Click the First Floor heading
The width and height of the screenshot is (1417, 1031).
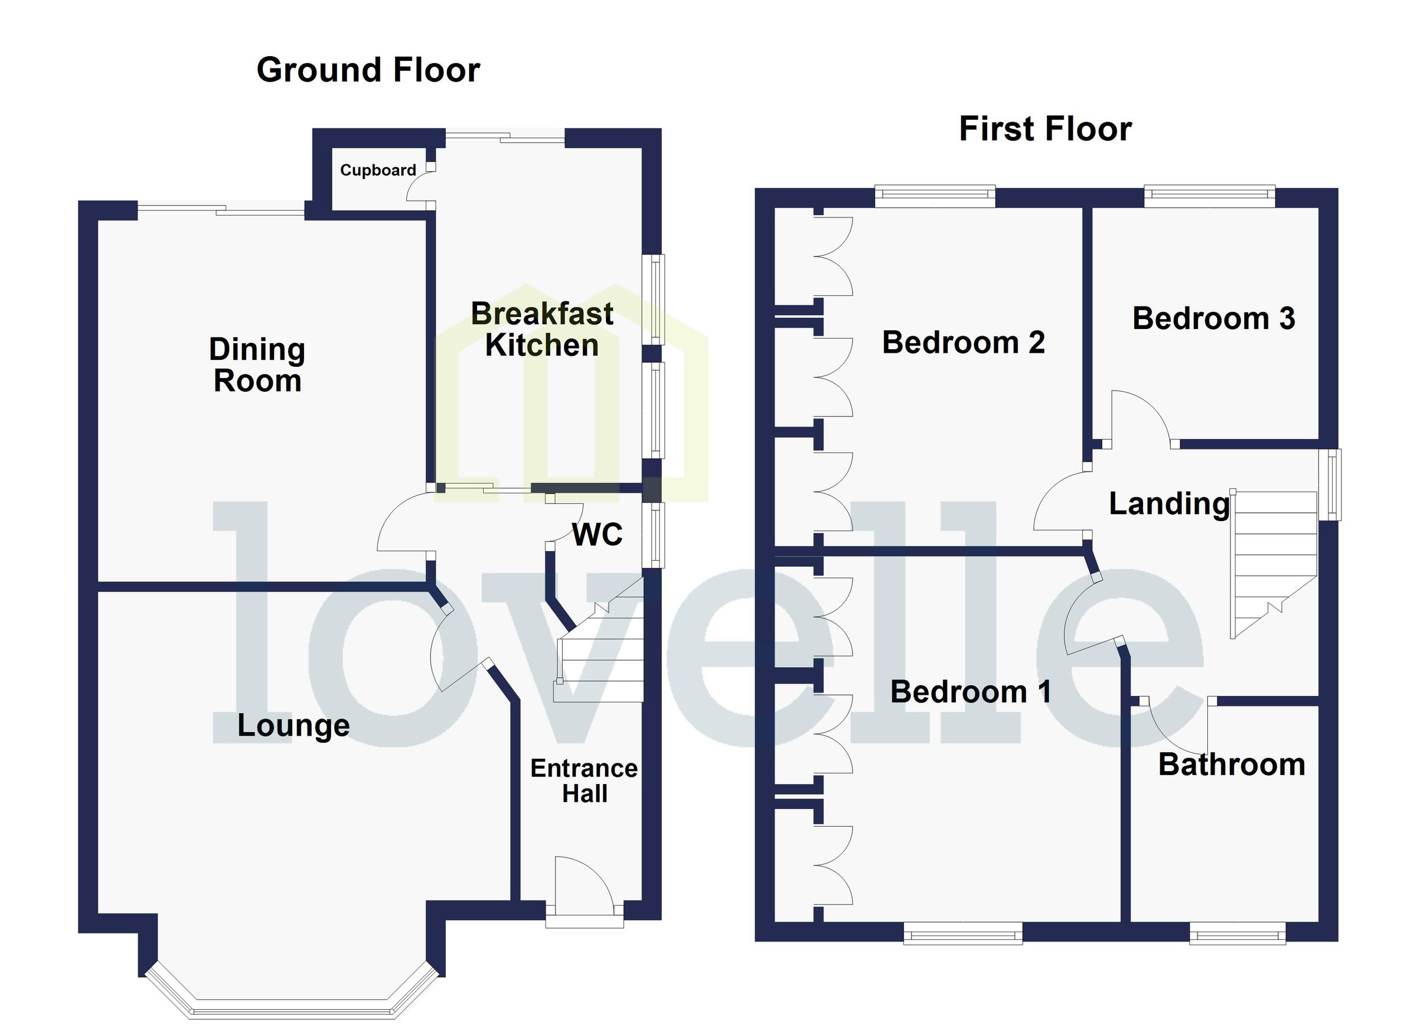tap(1045, 129)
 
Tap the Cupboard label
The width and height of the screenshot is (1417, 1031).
tap(378, 170)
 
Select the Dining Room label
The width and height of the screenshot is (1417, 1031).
tap(257, 365)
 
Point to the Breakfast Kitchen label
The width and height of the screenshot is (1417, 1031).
tap(541, 329)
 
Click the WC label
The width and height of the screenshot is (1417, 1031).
tap(598, 535)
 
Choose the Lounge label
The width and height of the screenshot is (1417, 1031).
tap(293, 726)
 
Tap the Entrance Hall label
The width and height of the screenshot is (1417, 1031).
tap(584, 781)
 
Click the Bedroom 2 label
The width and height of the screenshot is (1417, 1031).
tap(964, 343)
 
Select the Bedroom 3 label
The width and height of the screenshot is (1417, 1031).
tap(1213, 318)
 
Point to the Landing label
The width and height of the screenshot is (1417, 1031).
tap(1169, 504)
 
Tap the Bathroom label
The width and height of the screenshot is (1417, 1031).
tap(1232, 765)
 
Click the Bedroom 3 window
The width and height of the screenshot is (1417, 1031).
tap(1210, 196)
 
